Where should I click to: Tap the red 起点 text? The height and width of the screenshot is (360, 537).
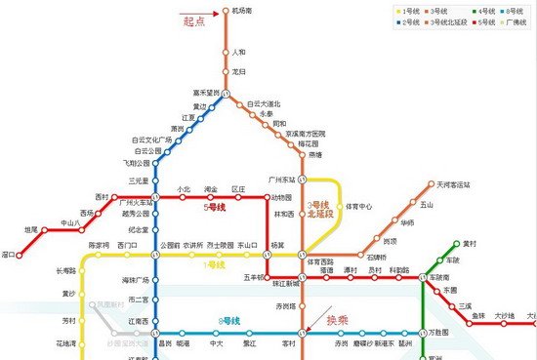194,19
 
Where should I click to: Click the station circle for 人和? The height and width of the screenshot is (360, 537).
225,52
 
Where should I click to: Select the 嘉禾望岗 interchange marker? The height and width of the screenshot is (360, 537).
225,93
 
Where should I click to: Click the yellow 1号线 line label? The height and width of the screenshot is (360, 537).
214,264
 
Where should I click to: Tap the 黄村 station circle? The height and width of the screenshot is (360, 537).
456,243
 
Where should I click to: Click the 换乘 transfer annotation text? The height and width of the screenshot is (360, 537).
338,318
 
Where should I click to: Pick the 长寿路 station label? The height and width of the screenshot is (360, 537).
66,270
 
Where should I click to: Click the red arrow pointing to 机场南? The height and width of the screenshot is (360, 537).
215,14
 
